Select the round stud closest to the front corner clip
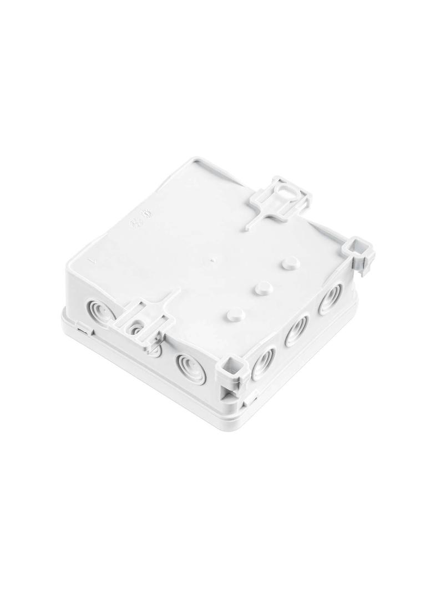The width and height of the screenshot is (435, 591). (236, 314)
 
